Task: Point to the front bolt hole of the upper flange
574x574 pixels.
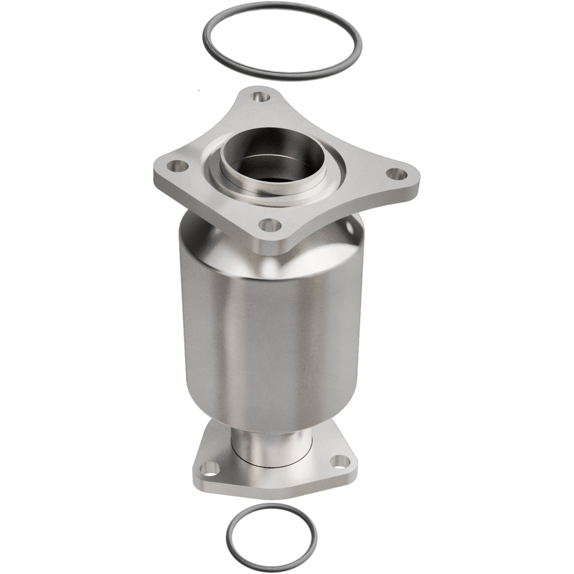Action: (x=271, y=222)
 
